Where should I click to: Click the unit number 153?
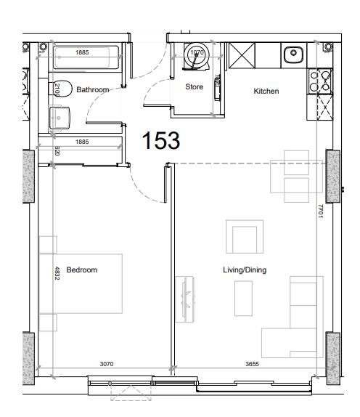pyautogui.click(x=160, y=140)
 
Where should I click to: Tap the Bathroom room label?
pyautogui.click(x=92, y=90)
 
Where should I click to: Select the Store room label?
pyautogui.click(x=194, y=86)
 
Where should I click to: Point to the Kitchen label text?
pyautogui.click(x=266, y=91)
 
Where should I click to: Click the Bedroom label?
pyautogui.click(x=81, y=270)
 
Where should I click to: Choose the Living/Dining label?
pyautogui.click(x=244, y=270)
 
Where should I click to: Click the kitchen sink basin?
pyautogui.click(x=293, y=52)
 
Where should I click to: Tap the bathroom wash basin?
pyautogui.click(x=59, y=116)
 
